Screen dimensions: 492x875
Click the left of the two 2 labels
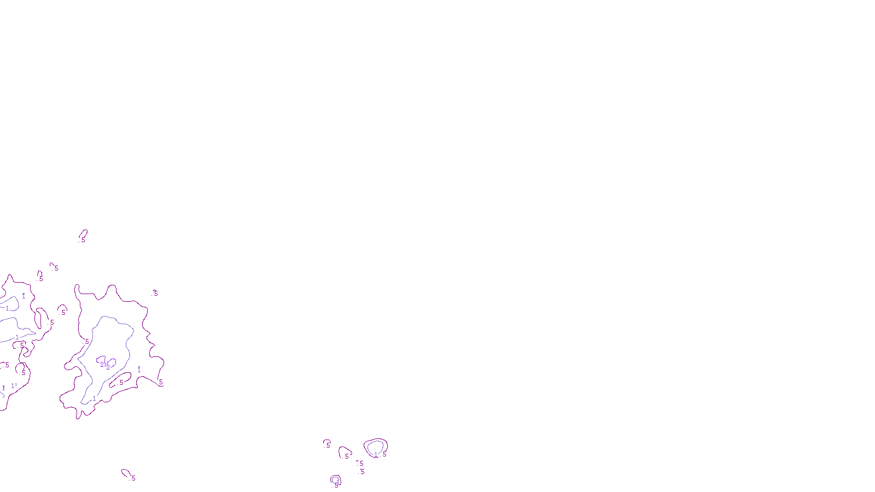tap(102, 365)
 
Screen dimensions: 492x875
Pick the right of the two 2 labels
tap(108, 367)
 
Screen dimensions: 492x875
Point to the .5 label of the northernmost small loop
tap(83, 239)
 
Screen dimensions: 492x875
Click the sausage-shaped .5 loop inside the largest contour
tap(120, 379)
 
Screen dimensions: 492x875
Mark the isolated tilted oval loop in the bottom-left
tap(126, 473)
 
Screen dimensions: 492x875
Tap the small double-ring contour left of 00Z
tap(336, 480)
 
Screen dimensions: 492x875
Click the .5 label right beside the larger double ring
tap(384, 454)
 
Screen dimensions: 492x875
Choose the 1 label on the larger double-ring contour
tap(376, 454)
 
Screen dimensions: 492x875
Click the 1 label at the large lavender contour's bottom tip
tap(94, 399)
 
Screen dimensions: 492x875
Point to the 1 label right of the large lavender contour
tap(139, 370)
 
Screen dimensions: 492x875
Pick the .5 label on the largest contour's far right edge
tap(160, 382)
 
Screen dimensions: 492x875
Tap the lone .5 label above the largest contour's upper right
tap(155, 293)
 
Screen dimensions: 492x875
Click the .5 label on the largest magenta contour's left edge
tap(86, 342)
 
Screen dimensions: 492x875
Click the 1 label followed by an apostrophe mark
tap(14, 386)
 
